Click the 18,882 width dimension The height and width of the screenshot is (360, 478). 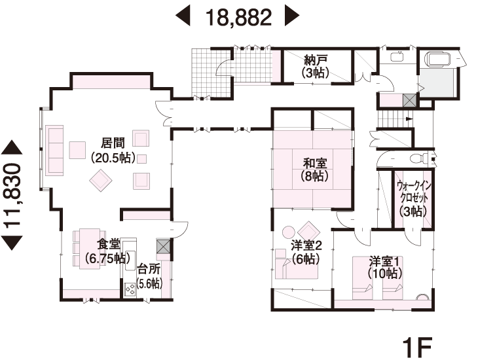click(238, 17)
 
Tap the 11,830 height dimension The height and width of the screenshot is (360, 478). click(12, 195)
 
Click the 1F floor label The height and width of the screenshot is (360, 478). click(417, 347)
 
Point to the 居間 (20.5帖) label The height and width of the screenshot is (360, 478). click(113, 150)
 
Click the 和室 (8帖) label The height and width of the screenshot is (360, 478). click(314, 170)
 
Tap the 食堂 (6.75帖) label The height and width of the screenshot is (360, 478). click(108, 251)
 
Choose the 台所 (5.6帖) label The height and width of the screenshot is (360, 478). click(149, 276)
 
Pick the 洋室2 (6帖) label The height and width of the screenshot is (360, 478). click(306, 252)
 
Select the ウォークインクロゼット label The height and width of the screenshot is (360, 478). click(413, 191)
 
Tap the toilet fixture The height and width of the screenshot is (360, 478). click(420, 158)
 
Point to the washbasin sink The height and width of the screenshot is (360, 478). click(397, 56)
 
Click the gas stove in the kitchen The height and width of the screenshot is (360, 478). click(130, 289)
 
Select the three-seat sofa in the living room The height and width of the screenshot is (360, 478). click(54, 150)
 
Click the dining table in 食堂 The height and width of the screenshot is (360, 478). click(90, 249)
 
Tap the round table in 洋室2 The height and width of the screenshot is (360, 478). click(288, 232)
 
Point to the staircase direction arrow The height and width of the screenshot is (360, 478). click(409, 119)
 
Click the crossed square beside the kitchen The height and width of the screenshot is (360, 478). click(163, 246)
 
